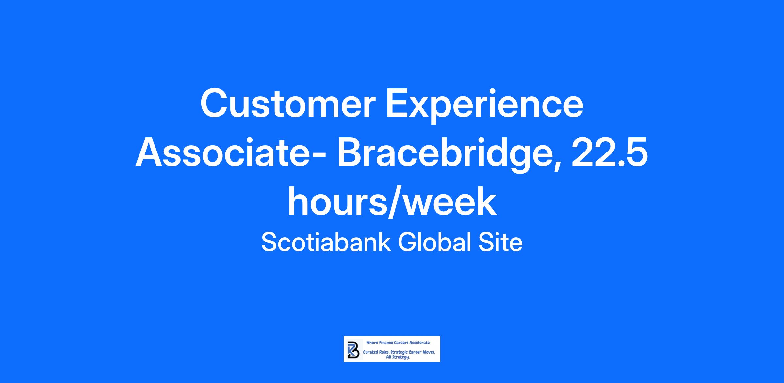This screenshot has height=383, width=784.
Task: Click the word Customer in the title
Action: point(287,103)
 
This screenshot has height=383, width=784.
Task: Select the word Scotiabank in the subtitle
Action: point(326,242)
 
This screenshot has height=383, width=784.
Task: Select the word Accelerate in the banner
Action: point(419,343)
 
